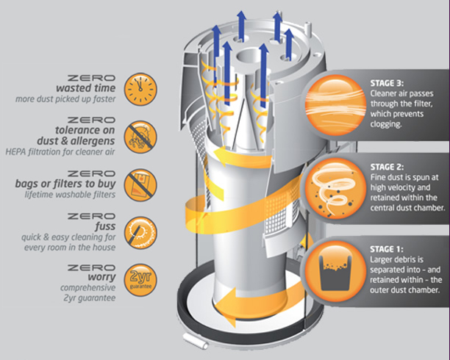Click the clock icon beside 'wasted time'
(x=140, y=89)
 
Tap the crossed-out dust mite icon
(x=140, y=137)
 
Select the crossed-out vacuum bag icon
(x=140, y=185)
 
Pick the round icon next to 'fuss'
(x=140, y=233)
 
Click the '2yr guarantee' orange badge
(x=140, y=280)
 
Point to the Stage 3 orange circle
(x=335, y=105)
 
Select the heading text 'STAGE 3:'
(x=387, y=83)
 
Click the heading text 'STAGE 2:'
(x=387, y=167)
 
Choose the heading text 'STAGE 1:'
(x=387, y=249)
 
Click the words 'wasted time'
(x=86, y=88)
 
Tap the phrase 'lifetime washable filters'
(x=70, y=195)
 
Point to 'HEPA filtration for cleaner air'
(x=60, y=152)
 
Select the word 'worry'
(x=102, y=278)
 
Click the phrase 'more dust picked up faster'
(x=65, y=99)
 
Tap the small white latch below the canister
(x=195, y=340)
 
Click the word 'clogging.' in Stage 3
(x=385, y=124)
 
